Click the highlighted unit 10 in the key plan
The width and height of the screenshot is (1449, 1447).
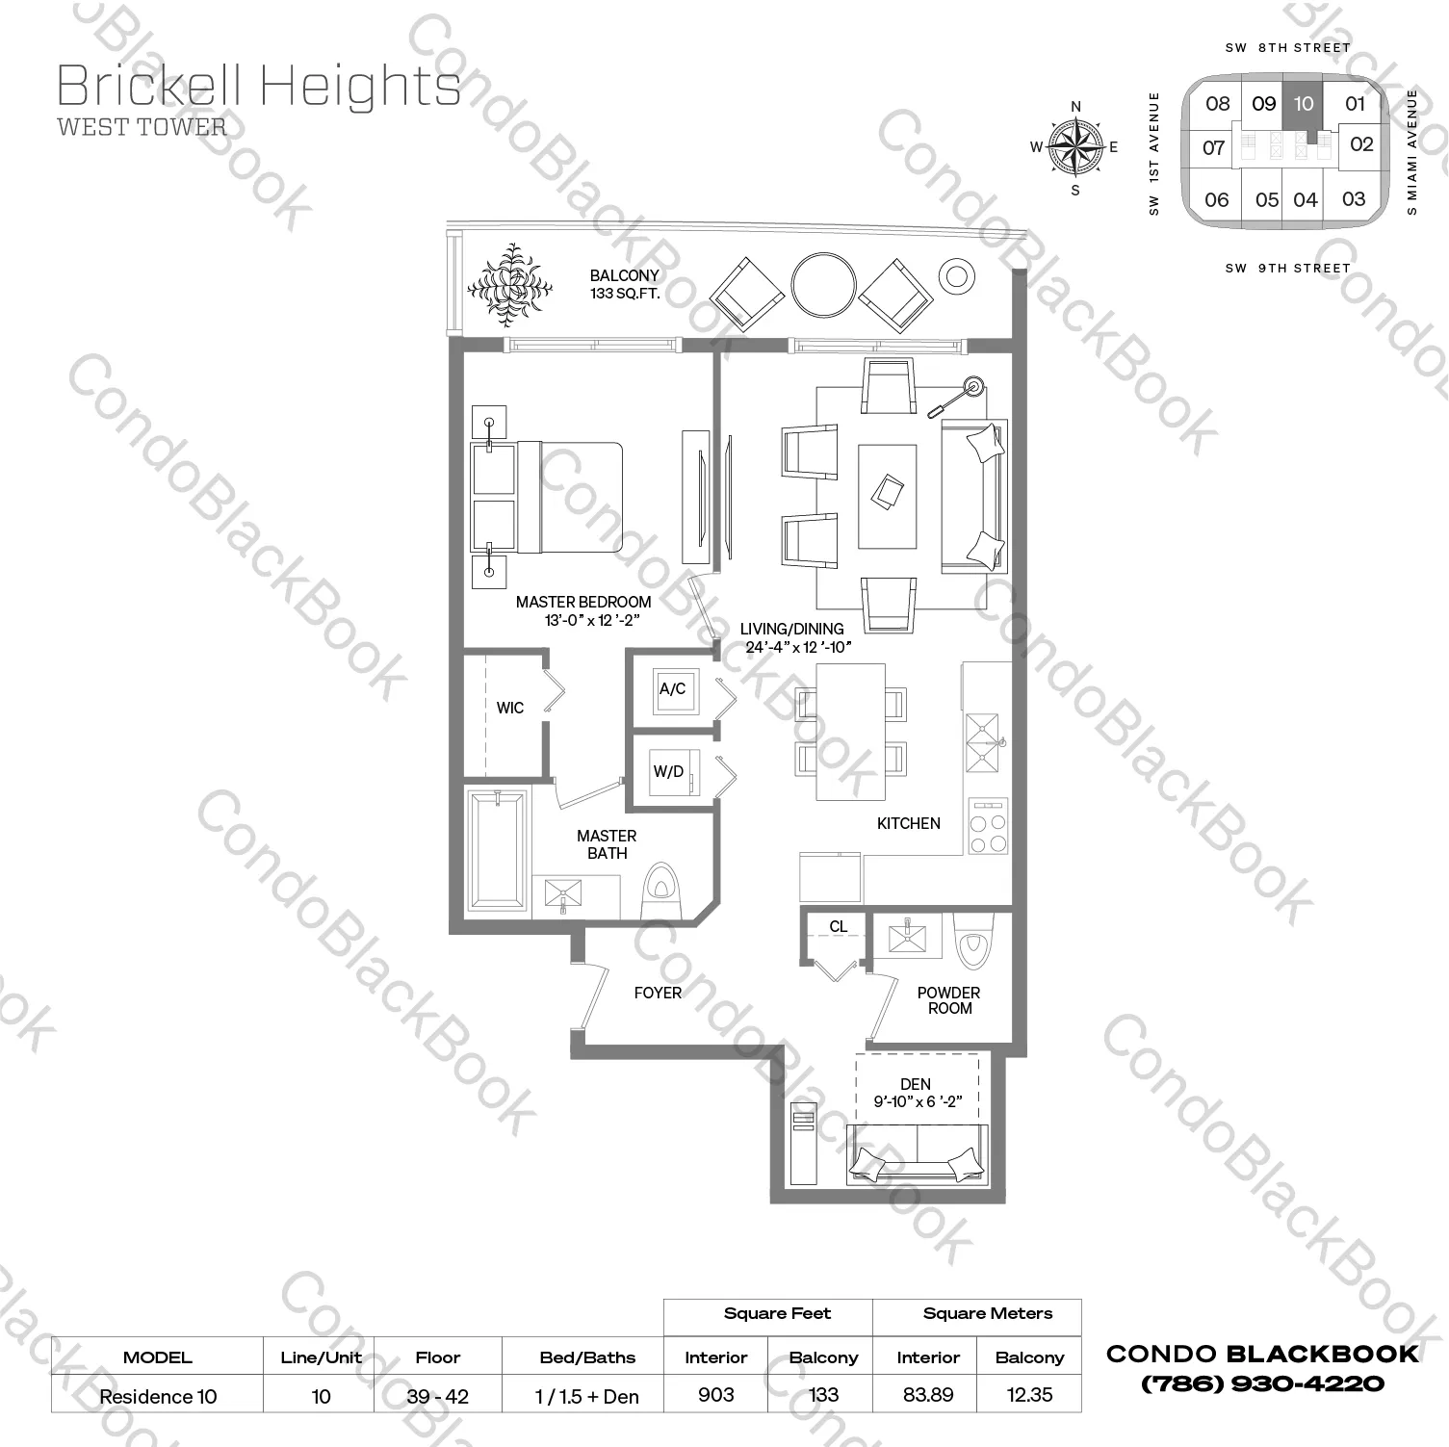pyautogui.click(x=1303, y=104)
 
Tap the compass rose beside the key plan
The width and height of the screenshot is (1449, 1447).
pyautogui.click(x=1075, y=147)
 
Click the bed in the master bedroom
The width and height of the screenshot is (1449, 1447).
pyautogui.click(x=546, y=498)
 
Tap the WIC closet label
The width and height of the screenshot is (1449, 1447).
pyautogui.click(x=510, y=708)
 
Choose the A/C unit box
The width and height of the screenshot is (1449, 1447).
pyautogui.click(x=673, y=689)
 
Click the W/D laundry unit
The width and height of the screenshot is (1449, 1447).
pyautogui.click(x=673, y=772)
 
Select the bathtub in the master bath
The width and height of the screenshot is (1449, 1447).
pyautogui.click(x=498, y=850)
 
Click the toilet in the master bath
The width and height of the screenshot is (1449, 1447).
pyautogui.click(x=660, y=891)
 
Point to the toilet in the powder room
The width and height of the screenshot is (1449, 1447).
pyautogui.click(x=971, y=941)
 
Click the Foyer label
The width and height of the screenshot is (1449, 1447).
pyautogui.click(x=658, y=993)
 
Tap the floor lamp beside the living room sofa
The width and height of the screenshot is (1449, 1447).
pyautogui.click(x=957, y=396)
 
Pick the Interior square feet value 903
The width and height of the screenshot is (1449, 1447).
pyautogui.click(x=716, y=1394)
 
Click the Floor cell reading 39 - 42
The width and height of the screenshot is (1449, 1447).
pyautogui.click(x=438, y=1396)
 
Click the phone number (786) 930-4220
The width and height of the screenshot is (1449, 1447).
pyautogui.click(x=1262, y=1384)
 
